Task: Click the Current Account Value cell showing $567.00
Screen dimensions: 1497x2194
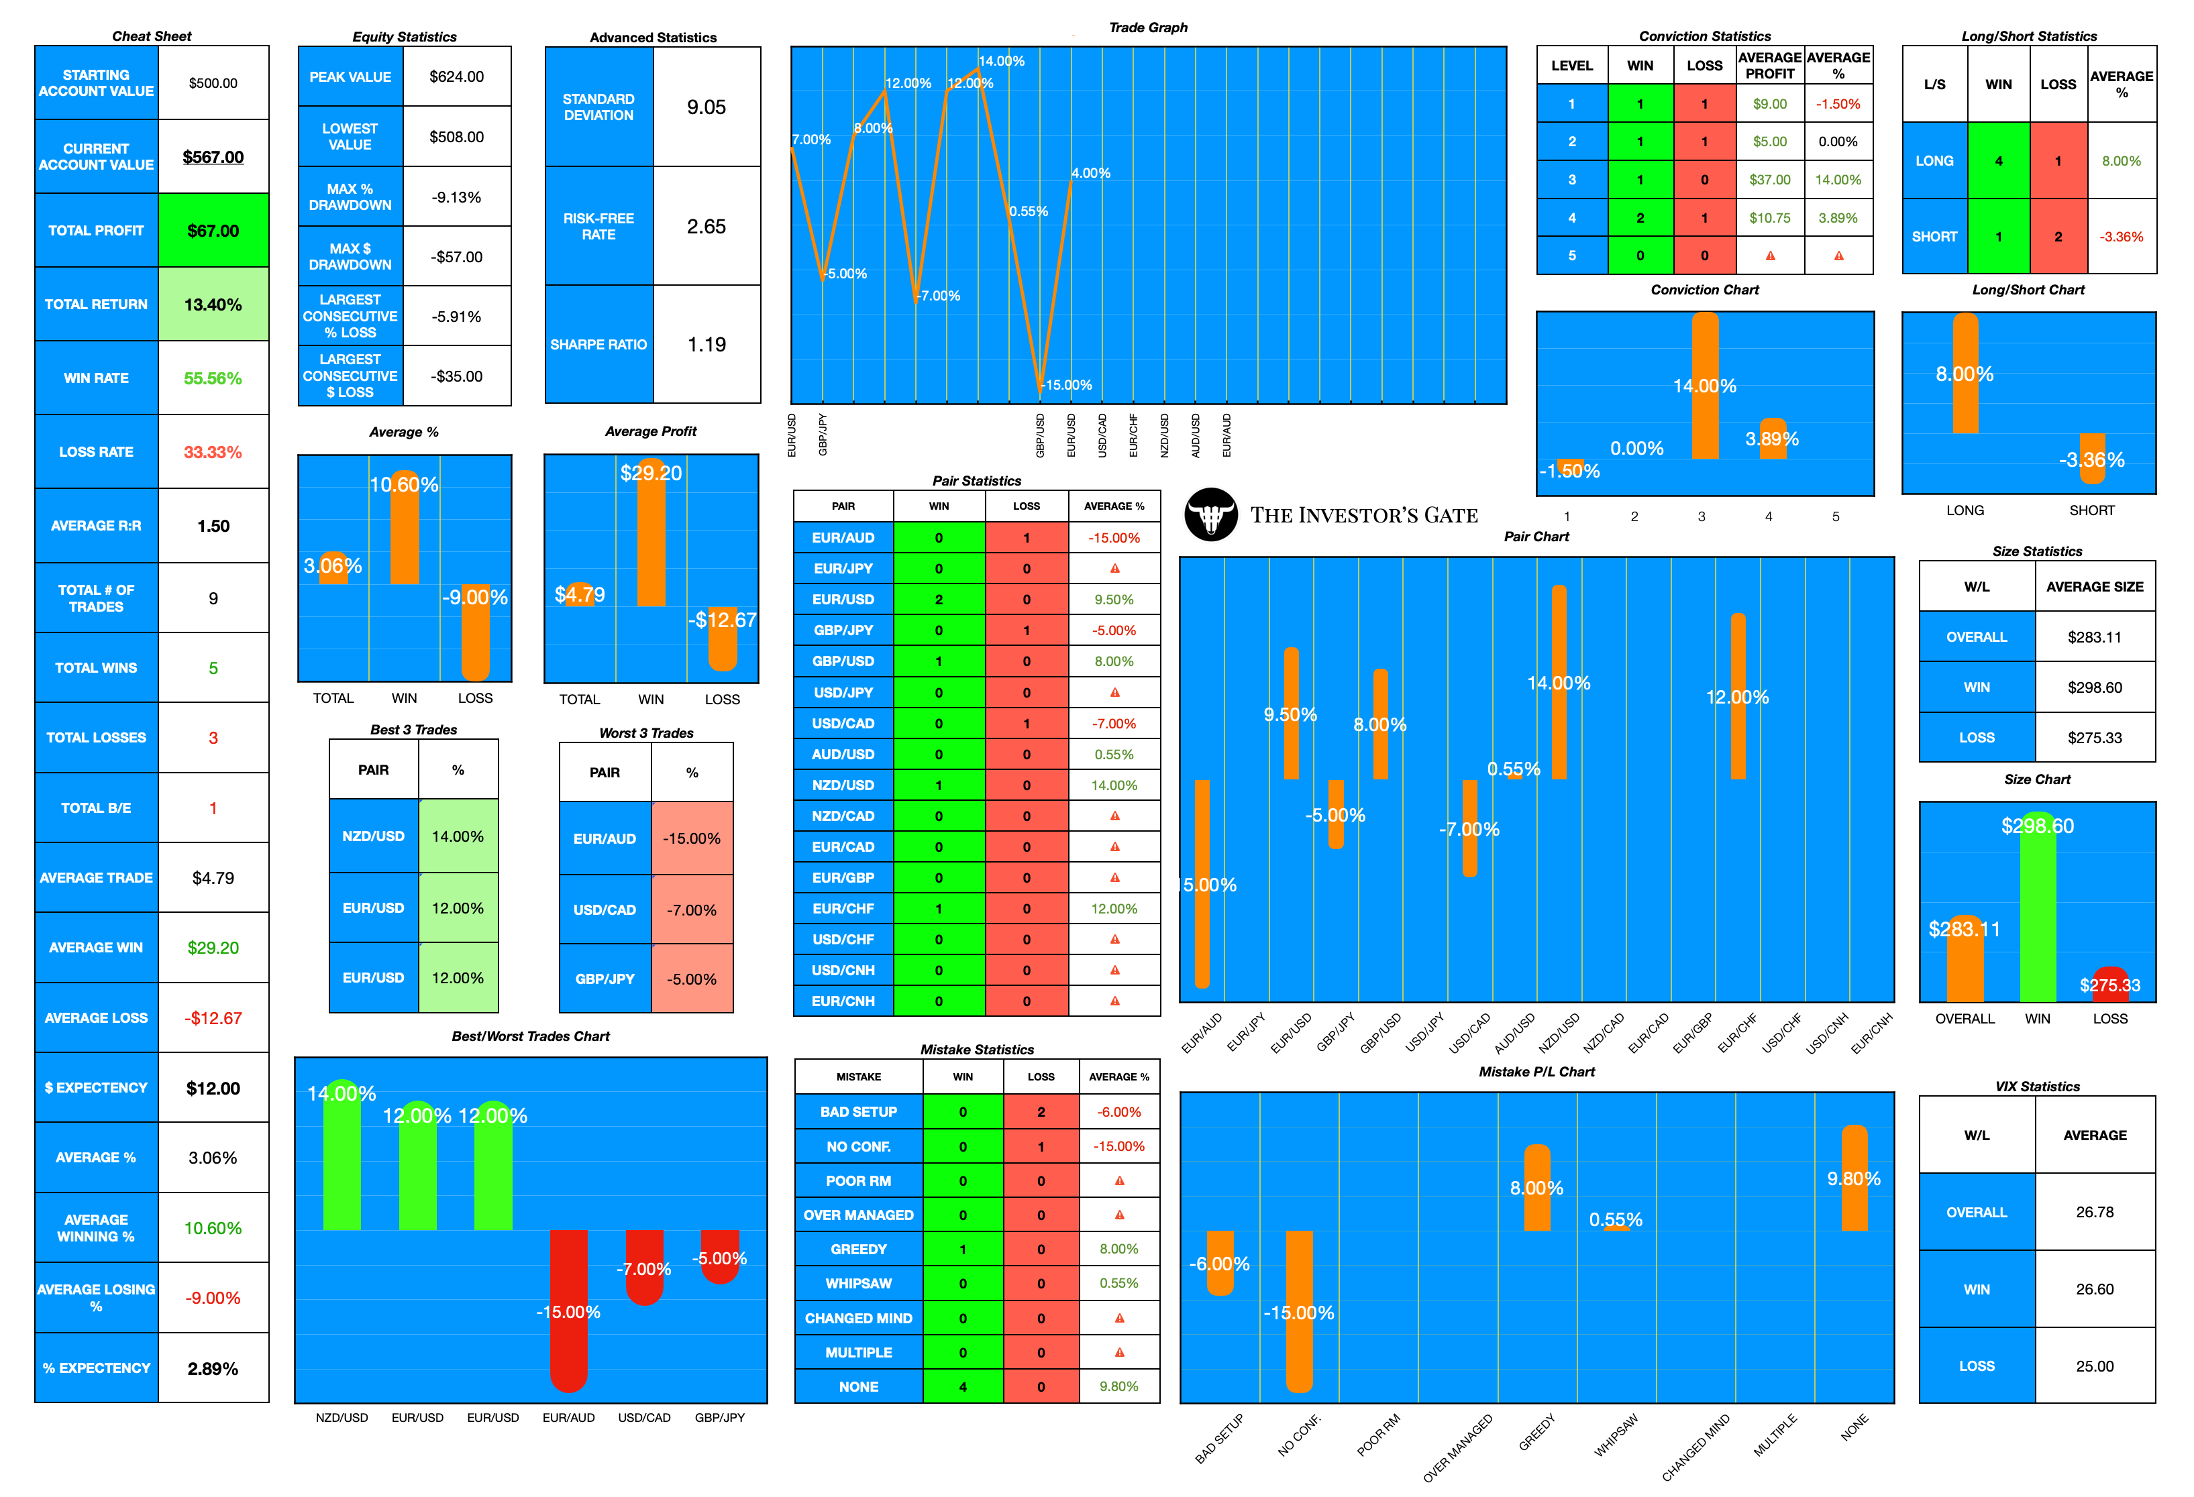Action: pyautogui.click(x=213, y=157)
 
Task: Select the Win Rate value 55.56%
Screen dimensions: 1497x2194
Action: pyautogui.click(x=213, y=378)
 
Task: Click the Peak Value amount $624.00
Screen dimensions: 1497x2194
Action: pyautogui.click(x=456, y=76)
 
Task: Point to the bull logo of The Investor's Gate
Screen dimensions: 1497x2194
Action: pyautogui.click(x=1210, y=514)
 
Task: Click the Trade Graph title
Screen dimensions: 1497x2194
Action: pyautogui.click(x=1147, y=27)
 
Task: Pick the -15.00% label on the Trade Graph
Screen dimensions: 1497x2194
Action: pyautogui.click(x=1067, y=385)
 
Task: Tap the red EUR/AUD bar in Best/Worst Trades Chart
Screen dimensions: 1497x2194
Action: pyautogui.click(x=568, y=1307)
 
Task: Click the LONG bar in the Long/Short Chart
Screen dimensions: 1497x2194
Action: pyautogui.click(x=1965, y=378)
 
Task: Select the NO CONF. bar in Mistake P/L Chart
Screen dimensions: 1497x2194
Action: pyautogui.click(x=1299, y=1312)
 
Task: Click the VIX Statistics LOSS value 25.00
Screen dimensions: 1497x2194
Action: pyautogui.click(x=2094, y=1366)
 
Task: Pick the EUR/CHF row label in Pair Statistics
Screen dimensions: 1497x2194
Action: pyautogui.click(x=843, y=909)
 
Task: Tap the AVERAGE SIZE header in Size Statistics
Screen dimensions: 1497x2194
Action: pyautogui.click(x=2094, y=587)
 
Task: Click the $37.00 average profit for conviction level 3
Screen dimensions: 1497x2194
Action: pyautogui.click(x=1769, y=179)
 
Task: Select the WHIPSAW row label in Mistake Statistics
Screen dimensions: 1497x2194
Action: pyautogui.click(x=858, y=1284)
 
